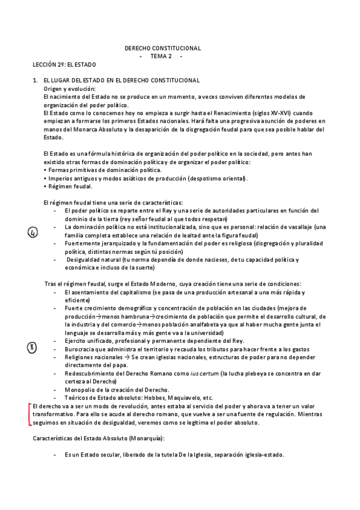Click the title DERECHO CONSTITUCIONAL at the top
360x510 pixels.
[x=162, y=48]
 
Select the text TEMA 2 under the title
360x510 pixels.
[x=160, y=56]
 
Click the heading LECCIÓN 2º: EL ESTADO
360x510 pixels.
[x=64, y=64]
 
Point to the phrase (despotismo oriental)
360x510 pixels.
[x=218, y=179]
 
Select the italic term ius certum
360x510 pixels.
[x=203, y=373]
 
